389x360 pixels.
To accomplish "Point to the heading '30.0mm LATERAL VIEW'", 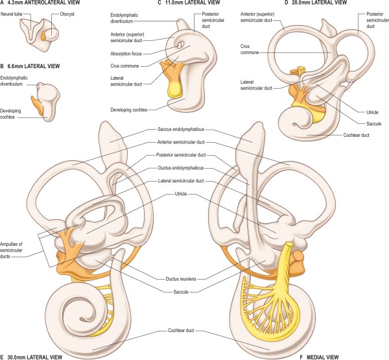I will tap(38, 356).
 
